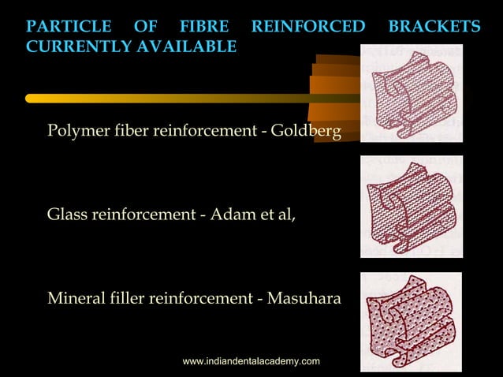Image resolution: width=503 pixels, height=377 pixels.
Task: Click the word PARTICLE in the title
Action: [69, 28]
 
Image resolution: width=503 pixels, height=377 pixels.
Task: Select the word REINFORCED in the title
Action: [308, 28]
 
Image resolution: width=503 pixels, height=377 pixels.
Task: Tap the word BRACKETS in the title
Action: [434, 28]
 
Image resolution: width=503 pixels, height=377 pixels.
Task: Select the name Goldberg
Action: [306, 130]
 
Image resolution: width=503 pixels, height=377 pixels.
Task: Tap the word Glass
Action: [67, 214]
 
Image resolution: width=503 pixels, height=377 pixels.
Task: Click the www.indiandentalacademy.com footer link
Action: [251, 360]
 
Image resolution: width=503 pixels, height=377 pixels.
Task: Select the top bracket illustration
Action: [411, 94]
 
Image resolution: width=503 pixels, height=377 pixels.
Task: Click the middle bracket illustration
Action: [411, 207]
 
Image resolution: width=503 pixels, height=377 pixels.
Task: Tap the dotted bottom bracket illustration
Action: [411, 322]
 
